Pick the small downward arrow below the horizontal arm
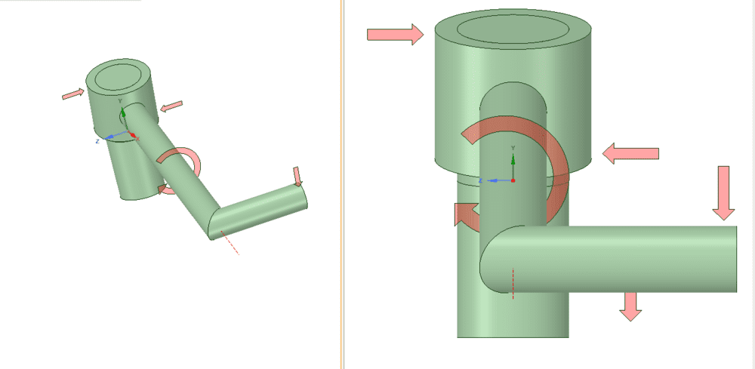point(629,305)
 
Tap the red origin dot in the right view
point(513,181)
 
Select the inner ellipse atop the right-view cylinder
point(513,29)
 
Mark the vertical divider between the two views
point(342,184)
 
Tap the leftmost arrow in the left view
point(73,94)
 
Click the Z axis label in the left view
point(97,141)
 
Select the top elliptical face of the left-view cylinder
point(119,75)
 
